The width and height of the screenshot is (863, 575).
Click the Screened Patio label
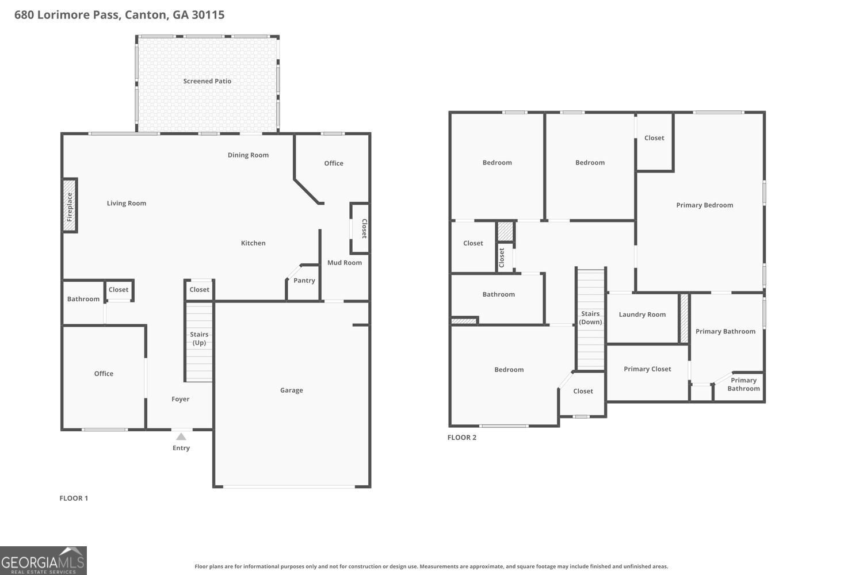coord(207,81)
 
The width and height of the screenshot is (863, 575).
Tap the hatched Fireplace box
coord(70,205)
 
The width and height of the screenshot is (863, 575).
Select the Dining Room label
coord(248,155)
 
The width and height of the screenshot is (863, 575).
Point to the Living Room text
coord(127,203)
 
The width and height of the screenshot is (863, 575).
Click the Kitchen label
coord(253,243)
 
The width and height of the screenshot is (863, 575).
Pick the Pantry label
coord(304,281)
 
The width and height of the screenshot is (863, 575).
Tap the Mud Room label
coord(345,263)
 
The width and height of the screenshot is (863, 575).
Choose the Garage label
coord(292,390)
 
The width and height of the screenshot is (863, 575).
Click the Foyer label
coord(181,399)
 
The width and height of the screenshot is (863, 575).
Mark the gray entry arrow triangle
coord(181,437)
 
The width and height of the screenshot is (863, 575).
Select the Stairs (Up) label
coord(199,339)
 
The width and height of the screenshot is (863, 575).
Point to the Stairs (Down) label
coord(590,318)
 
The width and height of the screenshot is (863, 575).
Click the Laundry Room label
coord(642,315)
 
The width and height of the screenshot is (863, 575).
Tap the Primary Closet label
coord(647,369)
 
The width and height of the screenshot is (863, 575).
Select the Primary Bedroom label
coord(705,205)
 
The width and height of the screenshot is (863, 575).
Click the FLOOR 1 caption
coord(74,499)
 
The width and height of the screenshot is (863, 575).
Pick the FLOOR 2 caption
coord(462,438)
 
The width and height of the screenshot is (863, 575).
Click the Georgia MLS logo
coord(43,561)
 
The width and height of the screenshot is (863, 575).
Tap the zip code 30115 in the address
coord(208,15)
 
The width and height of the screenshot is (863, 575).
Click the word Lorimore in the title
coord(63,15)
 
